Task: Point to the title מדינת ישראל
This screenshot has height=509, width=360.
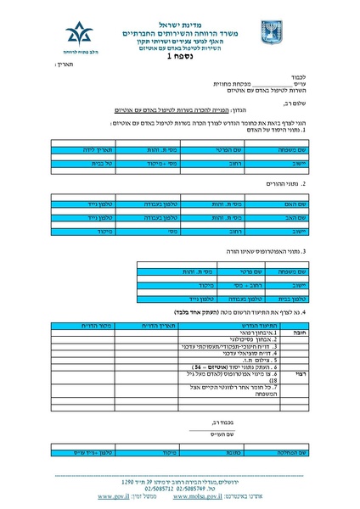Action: [x=181, y=15]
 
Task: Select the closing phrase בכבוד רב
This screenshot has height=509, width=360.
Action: [x=218, y=422]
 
